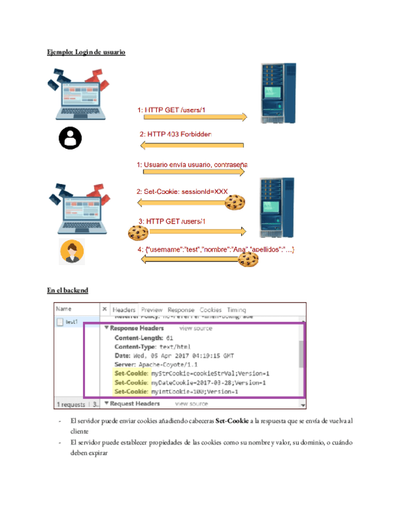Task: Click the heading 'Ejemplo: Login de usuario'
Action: tap(86, 52)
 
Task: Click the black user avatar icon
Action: tap(70, 138)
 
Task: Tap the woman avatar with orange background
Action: tap(72, 252)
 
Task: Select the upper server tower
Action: tap(277, 93)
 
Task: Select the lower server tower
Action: tap(276, 207)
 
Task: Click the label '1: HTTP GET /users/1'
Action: tap(171, 110)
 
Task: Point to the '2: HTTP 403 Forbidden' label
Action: tap(175, 134)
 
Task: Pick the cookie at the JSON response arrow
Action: tap(248, 259)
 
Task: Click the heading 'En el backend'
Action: tap(67, 290)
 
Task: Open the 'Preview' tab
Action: tap(152, 310)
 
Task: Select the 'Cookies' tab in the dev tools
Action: tap(211, 310)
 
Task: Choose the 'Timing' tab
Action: tap(236, 310)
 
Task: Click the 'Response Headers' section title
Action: tap(136, 328)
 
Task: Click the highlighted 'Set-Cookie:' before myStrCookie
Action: tap(131, 373)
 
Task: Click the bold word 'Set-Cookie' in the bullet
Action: tap(232, 421)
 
